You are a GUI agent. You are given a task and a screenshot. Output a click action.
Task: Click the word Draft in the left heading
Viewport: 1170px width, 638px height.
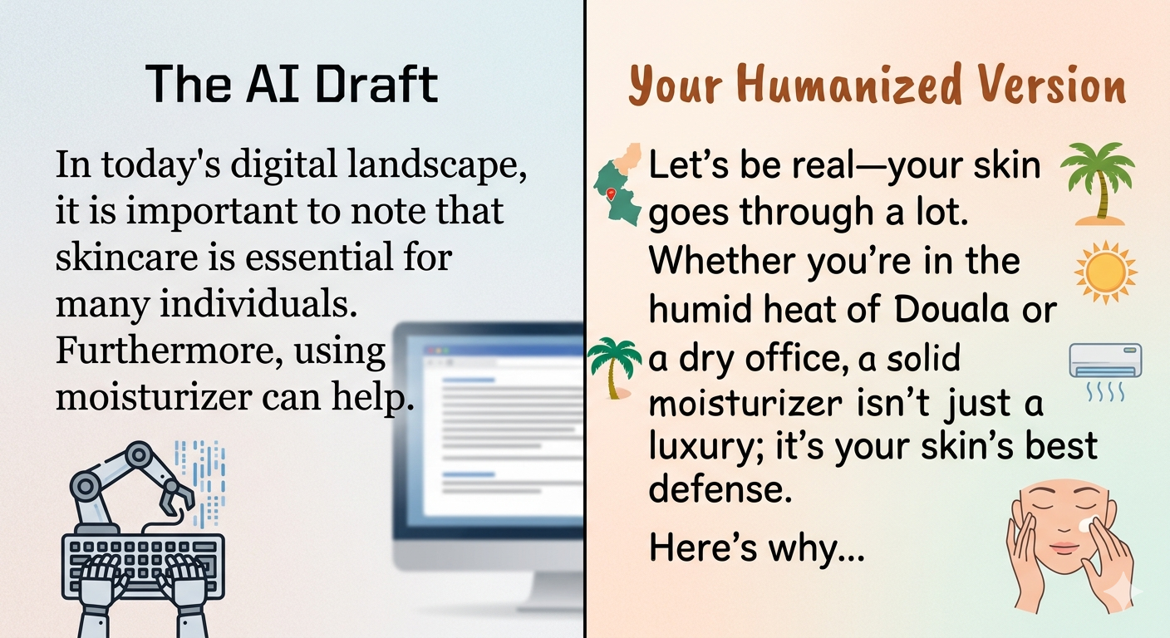[376, 84]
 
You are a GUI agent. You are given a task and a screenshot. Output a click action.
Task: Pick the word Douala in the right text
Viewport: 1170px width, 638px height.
[951, 308]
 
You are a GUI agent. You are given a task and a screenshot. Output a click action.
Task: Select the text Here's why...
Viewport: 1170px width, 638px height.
[756, 547]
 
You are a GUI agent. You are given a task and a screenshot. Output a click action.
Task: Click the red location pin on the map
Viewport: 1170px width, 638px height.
[610, 194]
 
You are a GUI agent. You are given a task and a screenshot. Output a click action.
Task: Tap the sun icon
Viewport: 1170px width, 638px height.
[1105, 272]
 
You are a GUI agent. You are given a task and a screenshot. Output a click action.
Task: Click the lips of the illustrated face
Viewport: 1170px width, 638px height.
[1064, 547]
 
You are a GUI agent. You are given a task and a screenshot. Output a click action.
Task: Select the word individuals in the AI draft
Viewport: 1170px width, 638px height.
[258, 304]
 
